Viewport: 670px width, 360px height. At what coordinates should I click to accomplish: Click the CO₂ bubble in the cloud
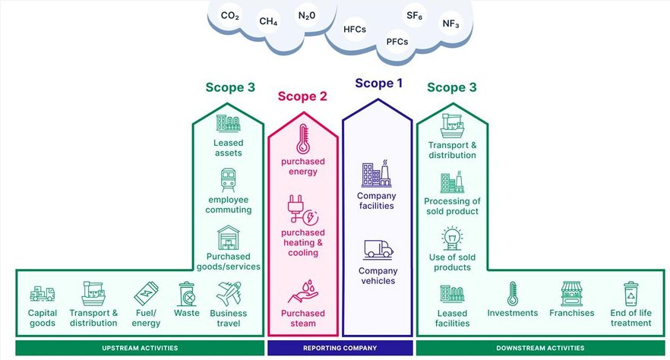229,15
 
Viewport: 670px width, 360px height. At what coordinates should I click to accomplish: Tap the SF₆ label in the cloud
415,15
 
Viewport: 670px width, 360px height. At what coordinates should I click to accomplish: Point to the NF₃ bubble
450,24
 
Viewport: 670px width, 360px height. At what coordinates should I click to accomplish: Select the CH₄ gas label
268,21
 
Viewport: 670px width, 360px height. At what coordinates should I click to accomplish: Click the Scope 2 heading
302,96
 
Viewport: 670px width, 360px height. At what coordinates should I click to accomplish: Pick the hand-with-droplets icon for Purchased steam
302,291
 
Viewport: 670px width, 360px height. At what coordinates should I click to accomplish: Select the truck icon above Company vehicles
378,248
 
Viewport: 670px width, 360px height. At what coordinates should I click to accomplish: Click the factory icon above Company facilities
376,174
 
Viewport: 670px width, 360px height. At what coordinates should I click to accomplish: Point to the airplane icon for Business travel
228,293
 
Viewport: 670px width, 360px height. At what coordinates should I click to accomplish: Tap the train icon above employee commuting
228,181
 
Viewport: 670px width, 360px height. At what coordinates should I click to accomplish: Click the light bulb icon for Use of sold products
454,236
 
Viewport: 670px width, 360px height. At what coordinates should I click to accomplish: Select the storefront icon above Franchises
570,293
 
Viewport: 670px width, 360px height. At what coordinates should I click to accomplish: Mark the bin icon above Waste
186,293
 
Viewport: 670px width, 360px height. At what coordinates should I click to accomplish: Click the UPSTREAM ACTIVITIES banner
140,348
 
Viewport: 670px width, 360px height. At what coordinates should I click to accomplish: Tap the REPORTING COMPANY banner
339,348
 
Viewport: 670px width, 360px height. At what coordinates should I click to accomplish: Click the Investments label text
512,313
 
